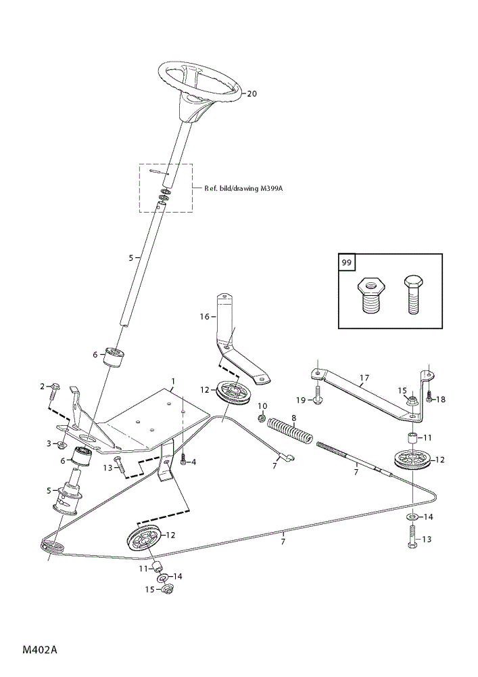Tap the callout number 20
(x=252, y=93)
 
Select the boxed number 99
(x=348, y=262)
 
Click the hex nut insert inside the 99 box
(x=371, y=296)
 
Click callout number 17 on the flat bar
(x=364, y=378)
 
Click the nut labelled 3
(x=63, y=445)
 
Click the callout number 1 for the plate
(x=173, y=382)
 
